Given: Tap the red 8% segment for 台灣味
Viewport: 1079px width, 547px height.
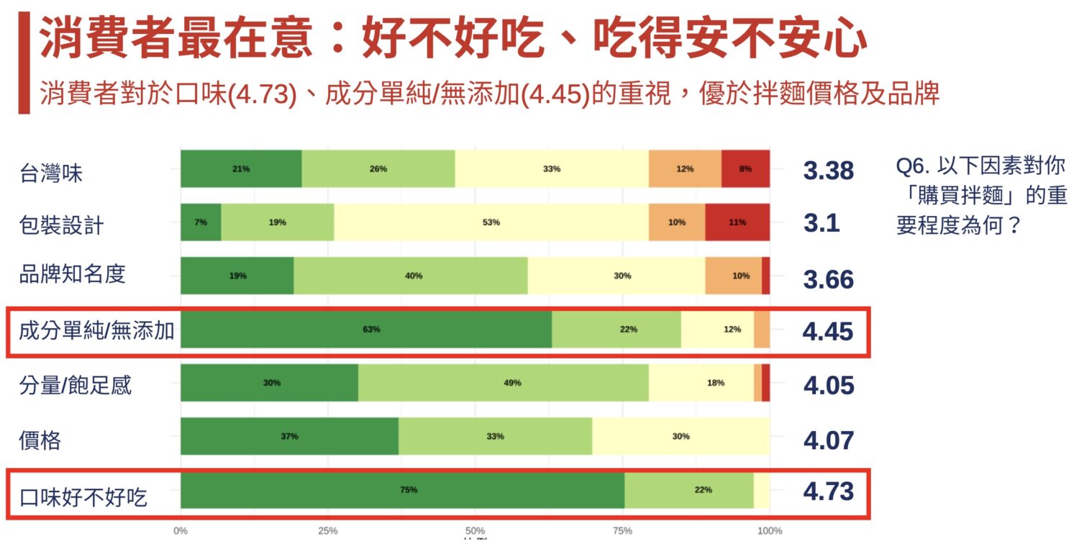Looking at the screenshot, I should [x=745, y=169].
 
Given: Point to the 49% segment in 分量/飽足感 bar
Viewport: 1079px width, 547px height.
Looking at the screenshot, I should [x=504, y=383].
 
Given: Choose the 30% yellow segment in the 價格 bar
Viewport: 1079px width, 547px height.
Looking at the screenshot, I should [x=680, y=436].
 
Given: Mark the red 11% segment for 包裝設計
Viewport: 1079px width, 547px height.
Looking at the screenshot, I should [x=737, y=222].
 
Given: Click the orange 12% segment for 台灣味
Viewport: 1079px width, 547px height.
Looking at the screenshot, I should [x=685, y=169].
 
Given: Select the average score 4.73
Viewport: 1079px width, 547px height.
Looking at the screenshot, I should [x=828, y=492].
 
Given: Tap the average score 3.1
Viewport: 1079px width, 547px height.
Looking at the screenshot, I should [x=821, y=224].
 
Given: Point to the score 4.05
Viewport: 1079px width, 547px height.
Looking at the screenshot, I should [x=828, y=385].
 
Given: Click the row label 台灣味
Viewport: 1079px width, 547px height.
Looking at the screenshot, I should [x=51, y=173].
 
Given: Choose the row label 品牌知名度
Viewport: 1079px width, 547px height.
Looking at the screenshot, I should [x=73, y=274].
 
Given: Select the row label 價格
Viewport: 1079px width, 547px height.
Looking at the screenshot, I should [x=40, y=440].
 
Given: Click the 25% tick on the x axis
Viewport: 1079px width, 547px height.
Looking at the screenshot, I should [x=328, y=531].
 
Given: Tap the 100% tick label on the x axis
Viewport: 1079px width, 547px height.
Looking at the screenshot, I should [x=770, y=531].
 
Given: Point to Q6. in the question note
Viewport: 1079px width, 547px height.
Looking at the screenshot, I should [x=914, y=166].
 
